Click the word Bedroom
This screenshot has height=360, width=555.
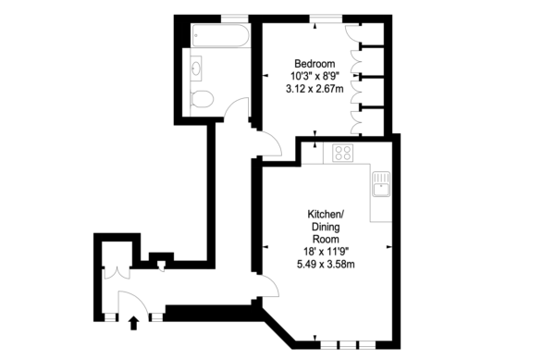point(314,64)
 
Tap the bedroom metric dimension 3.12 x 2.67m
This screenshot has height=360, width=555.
point(314,89)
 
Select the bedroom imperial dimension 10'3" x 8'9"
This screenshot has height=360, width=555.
point(314,76)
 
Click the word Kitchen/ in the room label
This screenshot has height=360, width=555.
point(326,214)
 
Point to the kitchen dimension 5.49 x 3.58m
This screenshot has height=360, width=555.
point(326,264)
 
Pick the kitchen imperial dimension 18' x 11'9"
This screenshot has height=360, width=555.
point(326,252)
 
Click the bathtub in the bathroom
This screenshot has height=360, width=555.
point(220,35)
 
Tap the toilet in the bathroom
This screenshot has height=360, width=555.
point(202,98)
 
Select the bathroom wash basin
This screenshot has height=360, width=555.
point(196,68)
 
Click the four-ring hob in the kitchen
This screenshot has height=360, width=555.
point(342,153)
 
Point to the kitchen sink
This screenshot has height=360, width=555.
point(381,184)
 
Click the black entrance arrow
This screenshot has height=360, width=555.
point(133,323)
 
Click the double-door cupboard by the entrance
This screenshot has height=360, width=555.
point(117,274)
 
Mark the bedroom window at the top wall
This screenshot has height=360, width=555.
point(326,19)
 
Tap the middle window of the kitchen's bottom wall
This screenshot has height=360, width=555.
point(348,345)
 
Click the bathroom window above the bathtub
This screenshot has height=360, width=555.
point(235,19)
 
